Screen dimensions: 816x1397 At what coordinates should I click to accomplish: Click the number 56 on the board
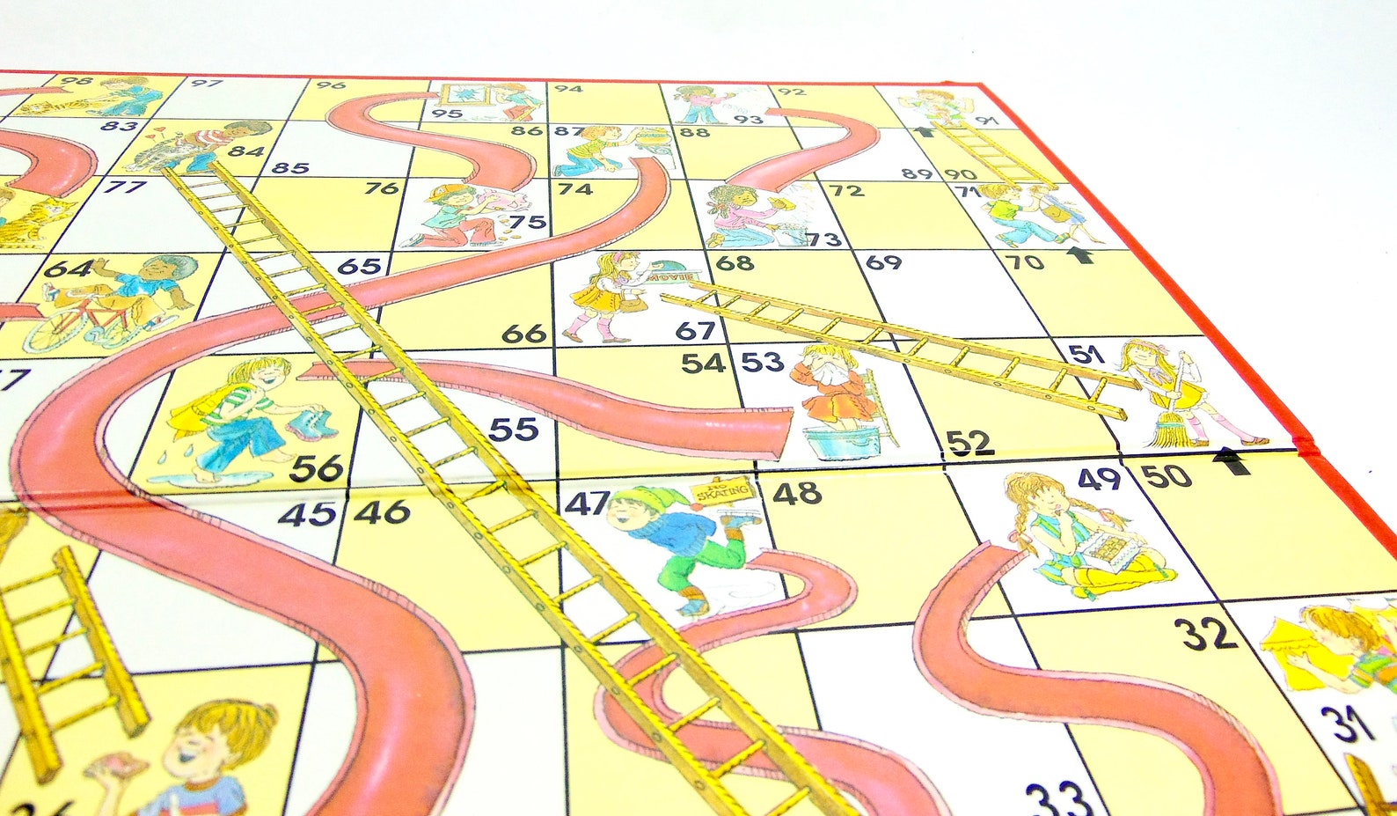316,469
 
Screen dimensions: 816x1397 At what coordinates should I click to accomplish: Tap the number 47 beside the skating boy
586,504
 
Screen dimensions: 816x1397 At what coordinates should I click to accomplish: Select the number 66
523,334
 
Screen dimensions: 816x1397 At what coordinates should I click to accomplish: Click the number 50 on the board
1167,476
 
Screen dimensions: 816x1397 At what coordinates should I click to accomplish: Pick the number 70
1024,262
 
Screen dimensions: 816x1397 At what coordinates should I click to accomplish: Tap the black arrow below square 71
1079,255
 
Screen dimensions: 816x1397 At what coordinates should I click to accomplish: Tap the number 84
247,151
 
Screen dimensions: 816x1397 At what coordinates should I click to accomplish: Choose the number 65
359,266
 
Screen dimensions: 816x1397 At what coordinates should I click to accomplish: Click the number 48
797,494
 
